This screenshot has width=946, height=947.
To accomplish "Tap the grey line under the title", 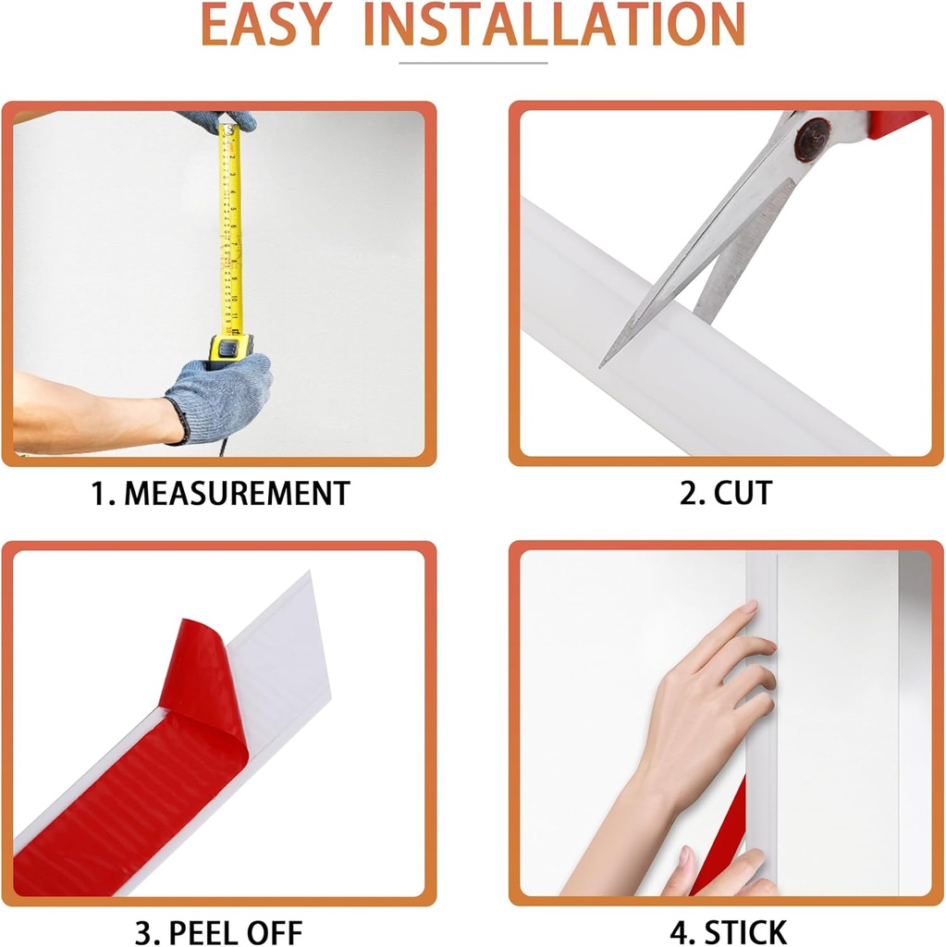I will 473,63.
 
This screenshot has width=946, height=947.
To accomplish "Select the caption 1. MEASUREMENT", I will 220,493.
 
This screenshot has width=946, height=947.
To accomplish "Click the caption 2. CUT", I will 726,493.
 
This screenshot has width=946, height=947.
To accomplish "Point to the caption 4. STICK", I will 727,930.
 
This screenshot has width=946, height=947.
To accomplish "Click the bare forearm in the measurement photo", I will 83,412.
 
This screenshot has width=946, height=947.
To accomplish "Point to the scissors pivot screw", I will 814,136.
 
